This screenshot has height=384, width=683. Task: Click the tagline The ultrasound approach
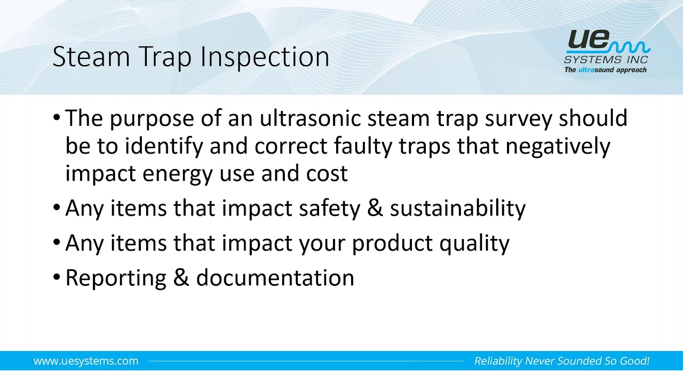(605, 70)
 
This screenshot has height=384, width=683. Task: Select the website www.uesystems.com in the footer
(86, 361)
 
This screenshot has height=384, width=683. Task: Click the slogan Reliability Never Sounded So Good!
(561, 361)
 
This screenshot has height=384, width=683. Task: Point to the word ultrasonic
(310, 118)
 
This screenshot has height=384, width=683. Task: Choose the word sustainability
(457, 208)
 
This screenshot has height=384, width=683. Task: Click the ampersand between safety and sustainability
(375, 208)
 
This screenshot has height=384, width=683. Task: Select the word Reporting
(116, 278)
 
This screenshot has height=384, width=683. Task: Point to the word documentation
(275, 278)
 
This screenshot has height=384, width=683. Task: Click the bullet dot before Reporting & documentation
(57, 277)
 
